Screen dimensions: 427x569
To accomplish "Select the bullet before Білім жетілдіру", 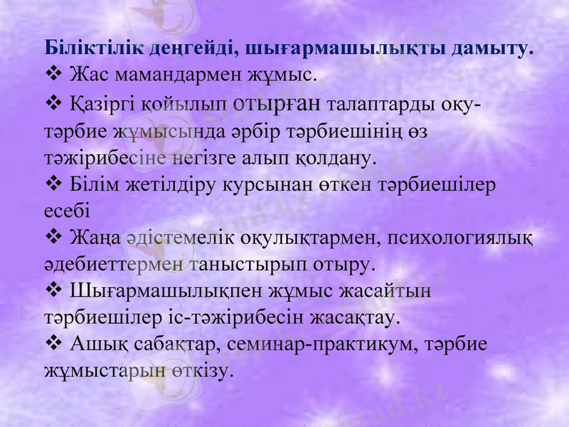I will pyautogui.click(x=54, y=184).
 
